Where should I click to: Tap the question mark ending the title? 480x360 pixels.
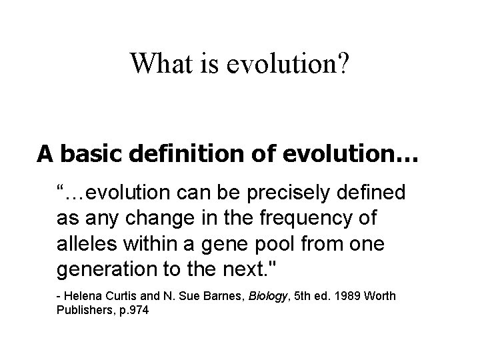[341, 63]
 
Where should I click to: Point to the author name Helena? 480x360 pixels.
[81, 295]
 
